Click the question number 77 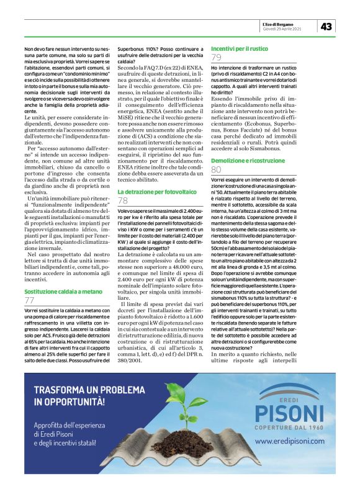tap(30, 300)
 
